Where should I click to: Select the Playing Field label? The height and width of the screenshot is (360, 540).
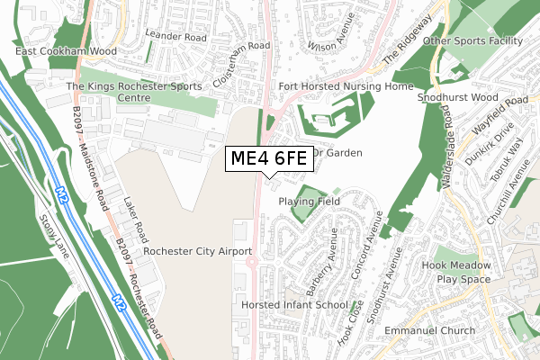(x=309, y=202)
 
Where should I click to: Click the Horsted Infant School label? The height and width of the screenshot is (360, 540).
(x=294, y=305)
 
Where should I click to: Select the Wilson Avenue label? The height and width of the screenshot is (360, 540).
(x=328, y=34)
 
